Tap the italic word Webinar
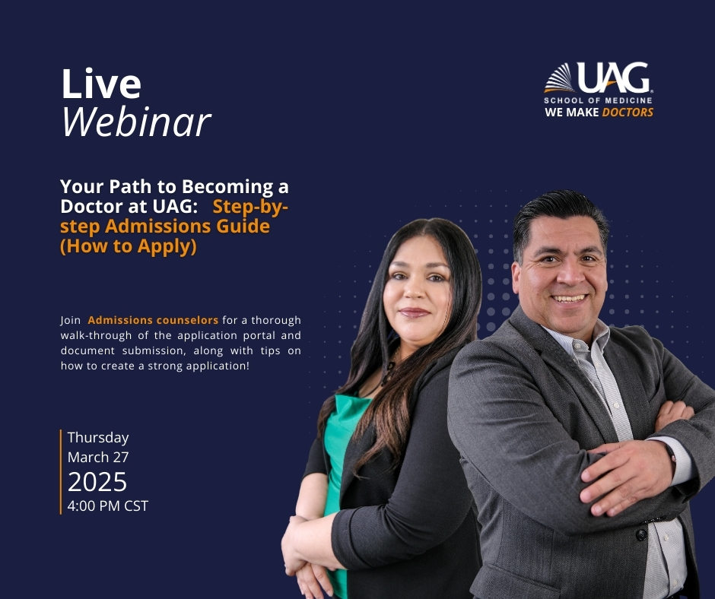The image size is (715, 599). coord(136,122)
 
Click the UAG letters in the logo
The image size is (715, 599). coord(614,78)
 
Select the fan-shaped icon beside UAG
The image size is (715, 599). coord(560,78)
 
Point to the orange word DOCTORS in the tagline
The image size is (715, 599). coord(628,113)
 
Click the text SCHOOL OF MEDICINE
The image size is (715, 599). coord(598,100)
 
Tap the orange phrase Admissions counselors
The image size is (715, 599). coord(153,320)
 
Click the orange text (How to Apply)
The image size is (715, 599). coord(129,246)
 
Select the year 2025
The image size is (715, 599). coord(97,482)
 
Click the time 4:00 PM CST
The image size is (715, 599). coord(107,506)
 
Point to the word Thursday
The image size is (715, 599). coord(98,438)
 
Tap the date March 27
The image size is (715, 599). coord(98,457)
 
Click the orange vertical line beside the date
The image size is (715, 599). coord(61,472)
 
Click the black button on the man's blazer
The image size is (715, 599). coord(641,534)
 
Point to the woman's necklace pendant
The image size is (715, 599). coord(391,366)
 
